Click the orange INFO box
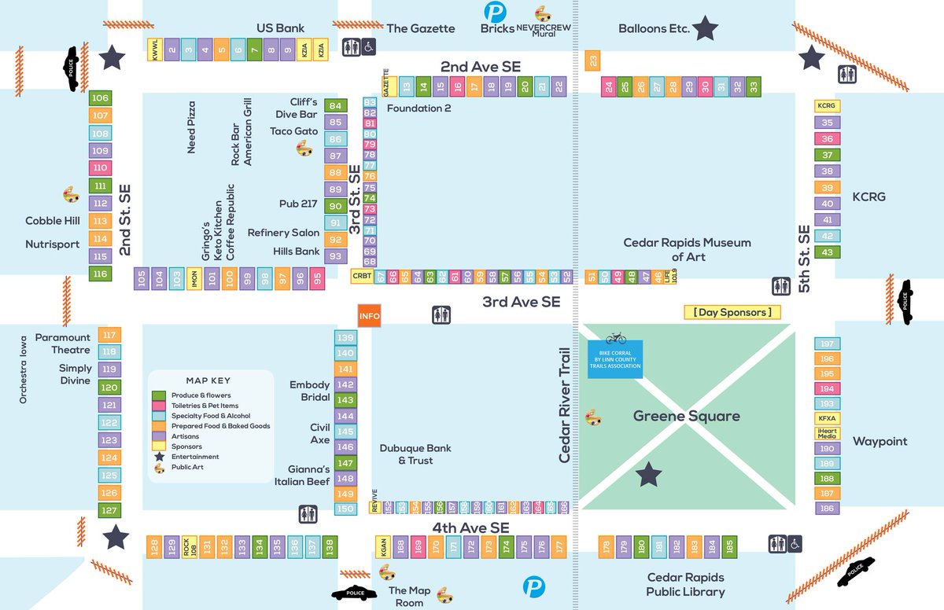(369, 317)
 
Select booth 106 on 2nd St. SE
(100, 98)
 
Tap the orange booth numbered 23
(592, 61)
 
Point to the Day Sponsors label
(732, 313)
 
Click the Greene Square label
(686, 416)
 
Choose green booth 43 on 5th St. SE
(827, 252)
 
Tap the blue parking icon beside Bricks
(495, 13)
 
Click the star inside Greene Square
(649, 474)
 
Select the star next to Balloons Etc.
(706, 29)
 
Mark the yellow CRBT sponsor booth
(362, 276)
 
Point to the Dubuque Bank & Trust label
(415, 454)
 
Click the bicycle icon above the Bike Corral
(615, 337)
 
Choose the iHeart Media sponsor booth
(827, 433)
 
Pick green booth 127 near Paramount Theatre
(109, 510)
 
